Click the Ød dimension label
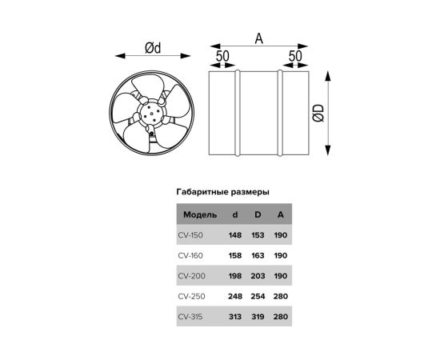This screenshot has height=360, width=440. coord(153,48)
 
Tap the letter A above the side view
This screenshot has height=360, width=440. coord(259,38)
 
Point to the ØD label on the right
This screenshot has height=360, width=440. coord(318,114)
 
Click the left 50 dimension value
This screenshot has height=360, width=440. coord(222,56)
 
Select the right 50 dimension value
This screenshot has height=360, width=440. coord(295,56)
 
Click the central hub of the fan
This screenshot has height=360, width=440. coord(151,114)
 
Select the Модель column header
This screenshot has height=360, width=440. coord(200,215)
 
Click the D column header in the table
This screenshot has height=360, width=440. coord(258,214)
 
